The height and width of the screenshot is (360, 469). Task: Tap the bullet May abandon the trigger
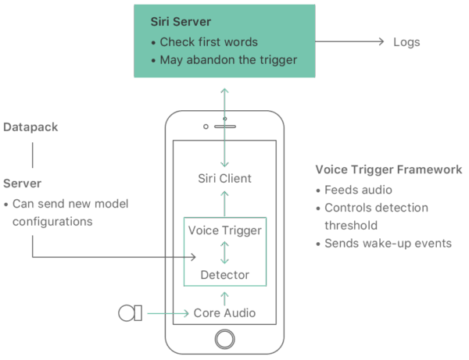(228, 59)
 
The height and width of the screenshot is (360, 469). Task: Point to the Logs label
(405, 42)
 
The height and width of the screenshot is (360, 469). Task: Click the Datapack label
(30, 127)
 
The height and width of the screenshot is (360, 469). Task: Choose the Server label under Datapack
(23, 184)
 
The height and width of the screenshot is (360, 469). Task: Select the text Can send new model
(70, 205)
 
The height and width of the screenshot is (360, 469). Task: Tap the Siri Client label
(224, 179)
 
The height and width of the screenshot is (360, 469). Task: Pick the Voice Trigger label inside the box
(224, 231)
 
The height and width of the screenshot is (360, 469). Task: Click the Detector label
(224, 275)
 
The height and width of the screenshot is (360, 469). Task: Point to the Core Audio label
(224, 314)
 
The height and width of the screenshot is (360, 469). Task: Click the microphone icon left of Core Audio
(129, 314)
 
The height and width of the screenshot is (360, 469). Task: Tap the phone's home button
(224, 339)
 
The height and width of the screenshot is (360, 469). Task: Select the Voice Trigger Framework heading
(389, 170)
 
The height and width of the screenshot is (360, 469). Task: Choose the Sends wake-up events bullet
(388, 243)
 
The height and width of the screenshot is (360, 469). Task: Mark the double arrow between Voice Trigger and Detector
(224, 253)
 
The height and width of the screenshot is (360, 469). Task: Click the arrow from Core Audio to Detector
(224, 297)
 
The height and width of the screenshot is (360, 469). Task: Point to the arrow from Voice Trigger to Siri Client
(224, 203)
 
